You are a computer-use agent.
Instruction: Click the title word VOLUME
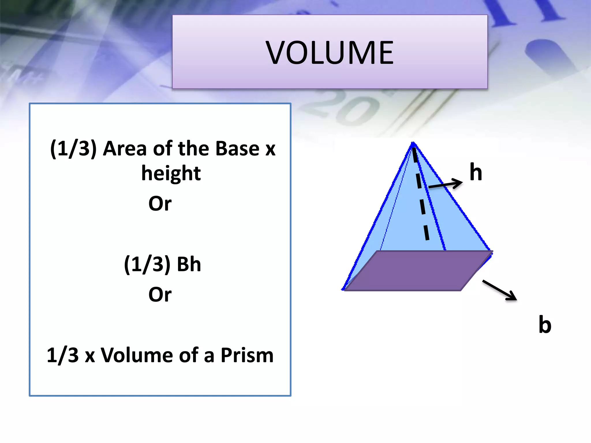(x=330, y=52)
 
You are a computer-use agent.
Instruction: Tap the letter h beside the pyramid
(x=476, y=172)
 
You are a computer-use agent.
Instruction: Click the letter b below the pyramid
(x=545, y=324)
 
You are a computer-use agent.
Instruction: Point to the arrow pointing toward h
(x=446, y=184)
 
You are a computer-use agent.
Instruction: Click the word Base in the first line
(x=237, y=149)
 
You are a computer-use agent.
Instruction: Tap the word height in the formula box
(x=171, y=174)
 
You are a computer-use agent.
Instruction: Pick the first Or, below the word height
(x=160, y=204)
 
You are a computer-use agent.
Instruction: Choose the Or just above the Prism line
(x=160, y=294)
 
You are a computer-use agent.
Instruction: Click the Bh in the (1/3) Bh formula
(x=189, y=264)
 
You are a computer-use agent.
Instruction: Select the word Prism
(x=247, y=355)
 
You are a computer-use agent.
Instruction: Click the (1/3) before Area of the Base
(x=73, y=149)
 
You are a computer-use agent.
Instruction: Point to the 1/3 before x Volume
(x=62, y=355)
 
